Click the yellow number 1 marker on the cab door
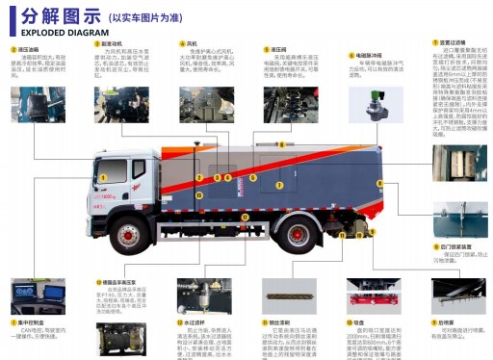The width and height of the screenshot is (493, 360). pos(100,177)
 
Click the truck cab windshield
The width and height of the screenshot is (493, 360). pos(107,162)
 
